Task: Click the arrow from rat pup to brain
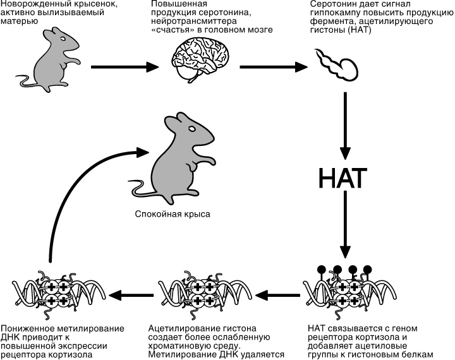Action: (123, 65)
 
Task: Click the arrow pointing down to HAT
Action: (345, 126)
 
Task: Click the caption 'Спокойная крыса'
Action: (172, 214)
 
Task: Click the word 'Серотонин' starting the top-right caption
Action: (333, 5)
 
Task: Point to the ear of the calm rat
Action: (171, 122)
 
